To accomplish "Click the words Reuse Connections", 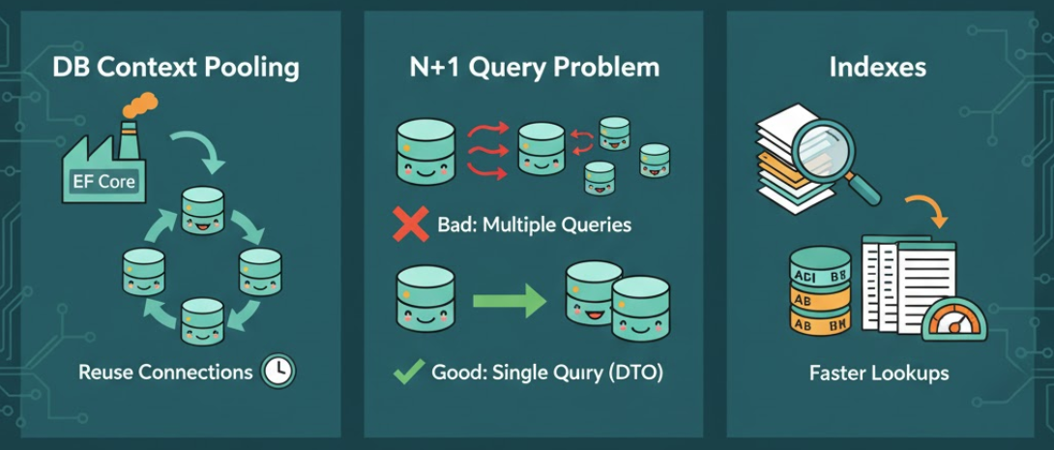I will tap(164, 373).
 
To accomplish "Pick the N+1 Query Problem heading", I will tap(533, 68).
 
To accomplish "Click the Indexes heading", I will tap(877, 69).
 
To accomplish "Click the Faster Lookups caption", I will tap(878, 373).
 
